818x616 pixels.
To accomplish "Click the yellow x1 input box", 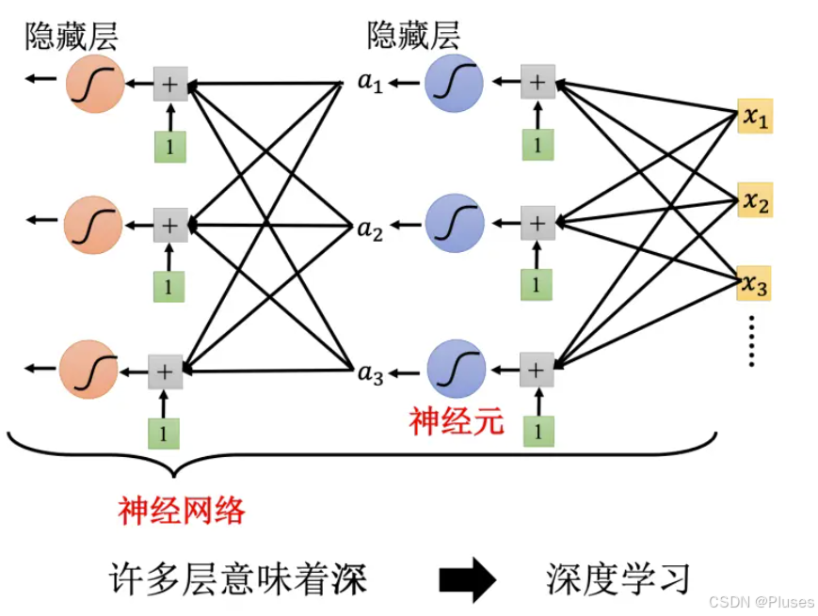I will [x=754, y=118].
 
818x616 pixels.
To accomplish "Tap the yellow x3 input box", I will [x=754, y=283].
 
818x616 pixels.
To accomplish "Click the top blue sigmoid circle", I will [x=454, y=84].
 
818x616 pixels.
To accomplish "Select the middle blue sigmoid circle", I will [x=455, y=224].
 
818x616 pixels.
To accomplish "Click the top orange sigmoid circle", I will [x=95, y=84].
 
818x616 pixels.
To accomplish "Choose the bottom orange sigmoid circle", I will [x=88, y=370].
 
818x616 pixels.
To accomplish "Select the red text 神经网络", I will [x=182, y=510].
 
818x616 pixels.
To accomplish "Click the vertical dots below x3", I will [x=752, y=341].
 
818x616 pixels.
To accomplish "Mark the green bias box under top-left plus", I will [x=170, y=146].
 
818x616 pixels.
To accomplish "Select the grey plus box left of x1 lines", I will [x=537, y=82].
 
